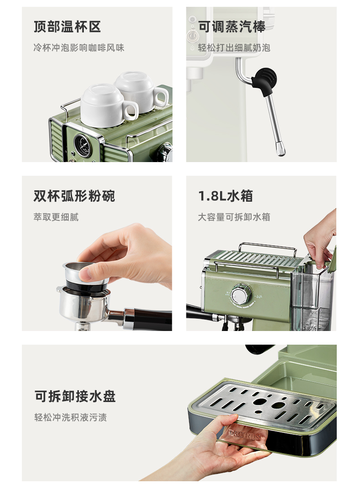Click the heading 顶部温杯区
(x=67, y=27)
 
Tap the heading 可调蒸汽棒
(x=231, y=27)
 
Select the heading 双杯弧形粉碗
(x=74, y=196)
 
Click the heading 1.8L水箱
(x=226, y=196)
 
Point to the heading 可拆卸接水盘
(x=75, y=396)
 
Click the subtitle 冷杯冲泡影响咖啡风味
(x=79, y=48)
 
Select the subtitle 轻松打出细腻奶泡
(x=234, y=48)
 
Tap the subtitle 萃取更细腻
(x=56, y=217)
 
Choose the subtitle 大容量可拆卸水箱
(x=234, y=217)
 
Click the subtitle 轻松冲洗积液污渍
(x=71, y=417)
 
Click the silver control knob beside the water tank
(x=241, y=294)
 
